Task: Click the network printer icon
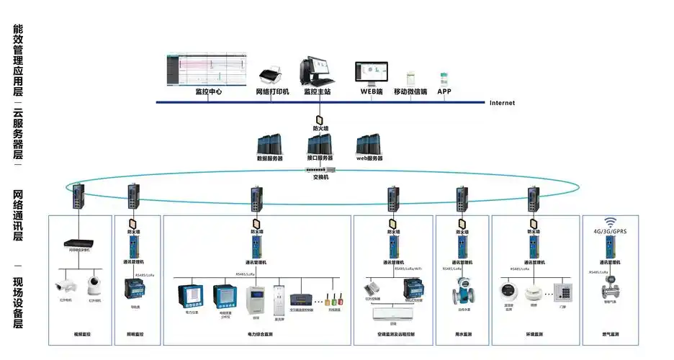point(271,73)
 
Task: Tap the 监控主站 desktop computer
point(317,71)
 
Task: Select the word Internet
point(502,103)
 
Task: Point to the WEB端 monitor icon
point(371,72)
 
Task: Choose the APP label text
point(444,92)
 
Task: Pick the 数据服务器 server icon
point(270,143)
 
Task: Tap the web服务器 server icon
point(369,143)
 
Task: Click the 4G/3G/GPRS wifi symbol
point(611,222)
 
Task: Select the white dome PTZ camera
point(95,286)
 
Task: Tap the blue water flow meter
point(459,296)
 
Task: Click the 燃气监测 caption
point(611,335)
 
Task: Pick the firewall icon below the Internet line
point(319,120)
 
